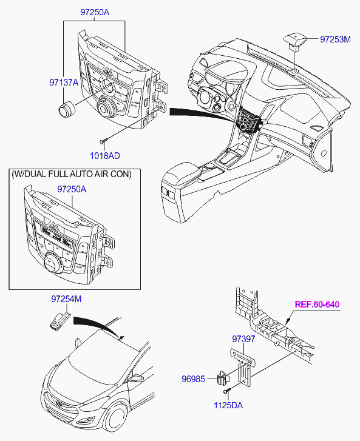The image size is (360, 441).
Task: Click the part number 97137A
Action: click(64, 82)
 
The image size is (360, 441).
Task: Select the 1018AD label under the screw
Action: click(104, 155)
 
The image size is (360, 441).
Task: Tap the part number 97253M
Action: click(335, 39)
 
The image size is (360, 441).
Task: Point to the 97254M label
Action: click(66, 299)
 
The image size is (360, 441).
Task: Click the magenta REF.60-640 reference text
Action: click(317, 305)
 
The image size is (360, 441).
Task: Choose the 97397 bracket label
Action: click(243, 339)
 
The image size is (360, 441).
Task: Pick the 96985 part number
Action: click(193, 379)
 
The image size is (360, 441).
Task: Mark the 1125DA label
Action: click(228, 405)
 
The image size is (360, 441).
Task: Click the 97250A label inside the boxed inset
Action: click(72, 189)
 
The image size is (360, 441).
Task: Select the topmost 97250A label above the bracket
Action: click(95, 12)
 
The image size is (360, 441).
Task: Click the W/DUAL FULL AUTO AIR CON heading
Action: click(72, 174)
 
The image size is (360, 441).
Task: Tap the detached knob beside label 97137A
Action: click(67, 110)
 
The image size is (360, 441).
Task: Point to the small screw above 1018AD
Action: click(104, 140)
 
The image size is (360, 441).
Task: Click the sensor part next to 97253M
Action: click(295, 41)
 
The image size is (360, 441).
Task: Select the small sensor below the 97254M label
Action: click(59, 321)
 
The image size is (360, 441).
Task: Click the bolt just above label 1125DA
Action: click(227, 391)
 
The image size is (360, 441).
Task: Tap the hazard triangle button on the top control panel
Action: click(108, 70)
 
